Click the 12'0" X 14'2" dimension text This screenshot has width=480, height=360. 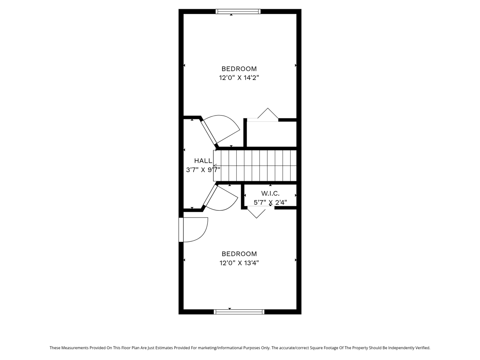coord(239,78)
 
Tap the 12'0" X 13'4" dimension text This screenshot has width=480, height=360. coord(239,263)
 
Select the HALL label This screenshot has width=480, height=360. coord(203,161)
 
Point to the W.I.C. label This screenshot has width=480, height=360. coord(270,193)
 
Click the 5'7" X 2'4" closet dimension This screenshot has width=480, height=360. coord(270,202)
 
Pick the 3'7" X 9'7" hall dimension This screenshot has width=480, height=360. coord(203,170)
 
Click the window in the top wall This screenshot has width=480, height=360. coord(238,11)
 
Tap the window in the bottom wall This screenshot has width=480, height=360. coord(239,312)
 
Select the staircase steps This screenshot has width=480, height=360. coord(255,166)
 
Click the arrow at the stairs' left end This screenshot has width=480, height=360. coord(215,166)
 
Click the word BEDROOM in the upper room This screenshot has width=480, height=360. coord(239,69)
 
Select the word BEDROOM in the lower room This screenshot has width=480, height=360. coord(239,254)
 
